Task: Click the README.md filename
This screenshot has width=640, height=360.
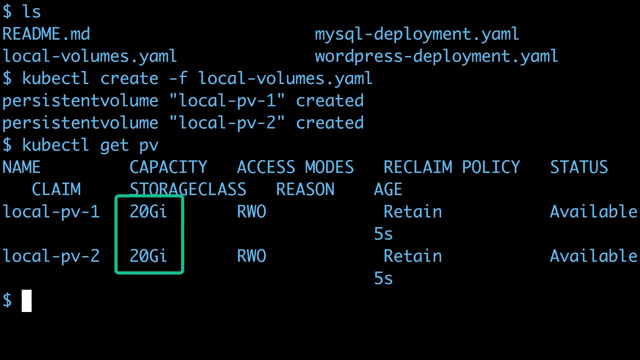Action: point(46,34)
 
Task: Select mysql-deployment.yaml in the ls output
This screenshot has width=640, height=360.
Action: point(416,34)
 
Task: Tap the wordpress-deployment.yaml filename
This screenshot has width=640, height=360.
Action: point(436,56)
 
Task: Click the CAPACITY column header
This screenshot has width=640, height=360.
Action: point(168,167)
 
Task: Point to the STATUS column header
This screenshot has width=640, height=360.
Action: point(578,167)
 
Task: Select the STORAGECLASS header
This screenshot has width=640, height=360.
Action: point(187,189)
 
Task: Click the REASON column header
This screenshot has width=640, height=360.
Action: point(305,189)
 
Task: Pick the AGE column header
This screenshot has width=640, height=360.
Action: point(388,189)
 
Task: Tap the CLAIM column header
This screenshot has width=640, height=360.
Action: point(56,189)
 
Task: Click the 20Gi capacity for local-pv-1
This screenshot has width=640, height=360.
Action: point(148,211)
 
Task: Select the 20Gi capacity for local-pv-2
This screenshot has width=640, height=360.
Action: point(148,256)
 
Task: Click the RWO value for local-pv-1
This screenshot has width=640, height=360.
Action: point(251,211)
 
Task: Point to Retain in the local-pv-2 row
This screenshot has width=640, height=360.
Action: point(412,256)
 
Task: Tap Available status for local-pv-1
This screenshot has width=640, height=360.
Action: point(593,211)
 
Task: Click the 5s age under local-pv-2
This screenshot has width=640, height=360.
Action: point(383,278)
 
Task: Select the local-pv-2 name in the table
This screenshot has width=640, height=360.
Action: point(51,256)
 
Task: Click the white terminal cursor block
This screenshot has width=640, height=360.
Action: point(26,300)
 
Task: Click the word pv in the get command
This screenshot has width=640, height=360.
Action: point(148,145)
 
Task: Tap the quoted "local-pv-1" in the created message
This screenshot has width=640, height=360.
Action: point(226,100)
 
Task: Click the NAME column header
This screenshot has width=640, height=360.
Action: point(21,167)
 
